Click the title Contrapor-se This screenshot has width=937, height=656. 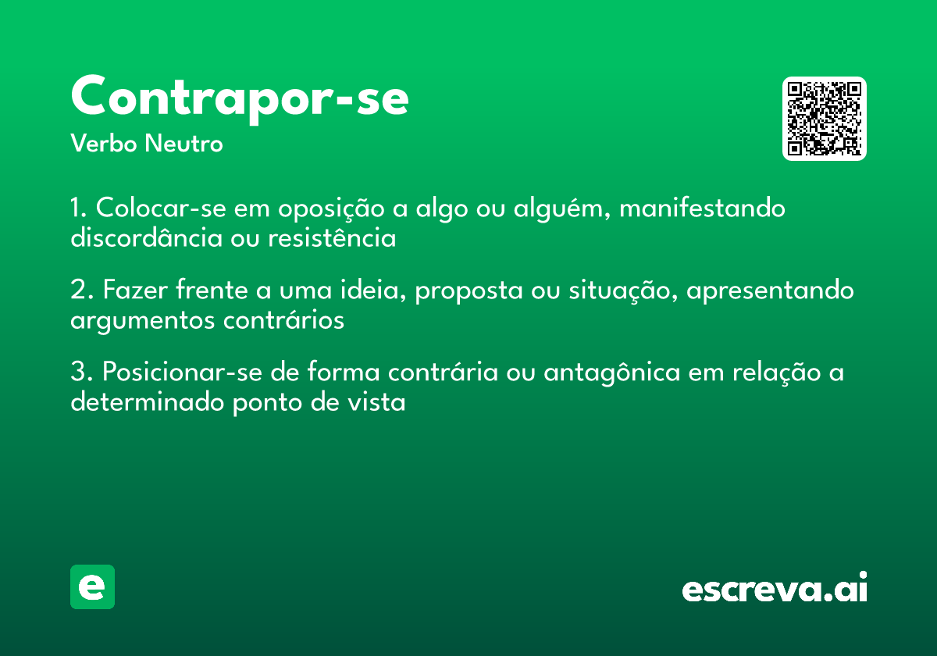pyautogui.click(x=240, y=97)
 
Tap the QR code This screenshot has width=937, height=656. pyautogui.click(x=825, y=119)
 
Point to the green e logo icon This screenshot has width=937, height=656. pyautogui.click(x=92, y=586)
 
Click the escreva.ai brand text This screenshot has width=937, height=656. pyautogui.click(x=775, y=588)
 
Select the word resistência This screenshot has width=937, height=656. pyautogui.click(x=332, y=237)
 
